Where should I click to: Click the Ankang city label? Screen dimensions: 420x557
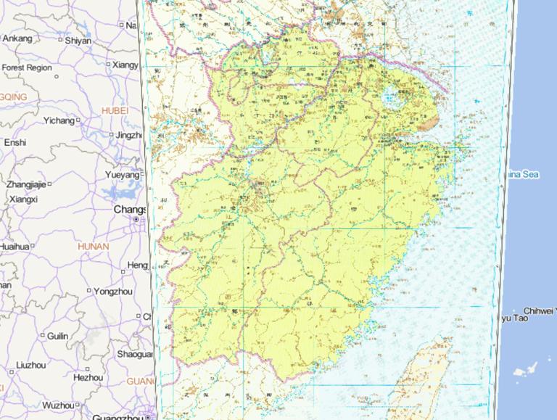point(18,38)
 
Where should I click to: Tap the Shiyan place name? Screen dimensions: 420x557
point(78,41)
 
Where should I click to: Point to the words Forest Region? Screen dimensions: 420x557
point(27,67)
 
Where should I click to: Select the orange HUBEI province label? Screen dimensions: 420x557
point(115,110)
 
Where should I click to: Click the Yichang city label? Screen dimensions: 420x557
point(59,120)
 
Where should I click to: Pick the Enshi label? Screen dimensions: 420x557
point(15,143)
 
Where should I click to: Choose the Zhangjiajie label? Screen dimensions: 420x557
point(26,184)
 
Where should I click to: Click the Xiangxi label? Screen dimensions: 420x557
point(23,199)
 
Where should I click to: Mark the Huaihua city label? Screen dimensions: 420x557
point(14,247)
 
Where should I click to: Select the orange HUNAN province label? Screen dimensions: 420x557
point(94,247)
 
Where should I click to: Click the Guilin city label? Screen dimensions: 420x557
point(58,336)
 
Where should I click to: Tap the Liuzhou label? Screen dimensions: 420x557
point(30,364)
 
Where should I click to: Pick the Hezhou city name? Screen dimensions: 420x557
point(88,377)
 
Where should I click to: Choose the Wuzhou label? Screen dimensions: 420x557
point(57,405)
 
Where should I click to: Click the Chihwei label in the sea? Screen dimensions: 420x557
point(537,310)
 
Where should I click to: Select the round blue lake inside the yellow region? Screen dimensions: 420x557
point(392,95)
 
